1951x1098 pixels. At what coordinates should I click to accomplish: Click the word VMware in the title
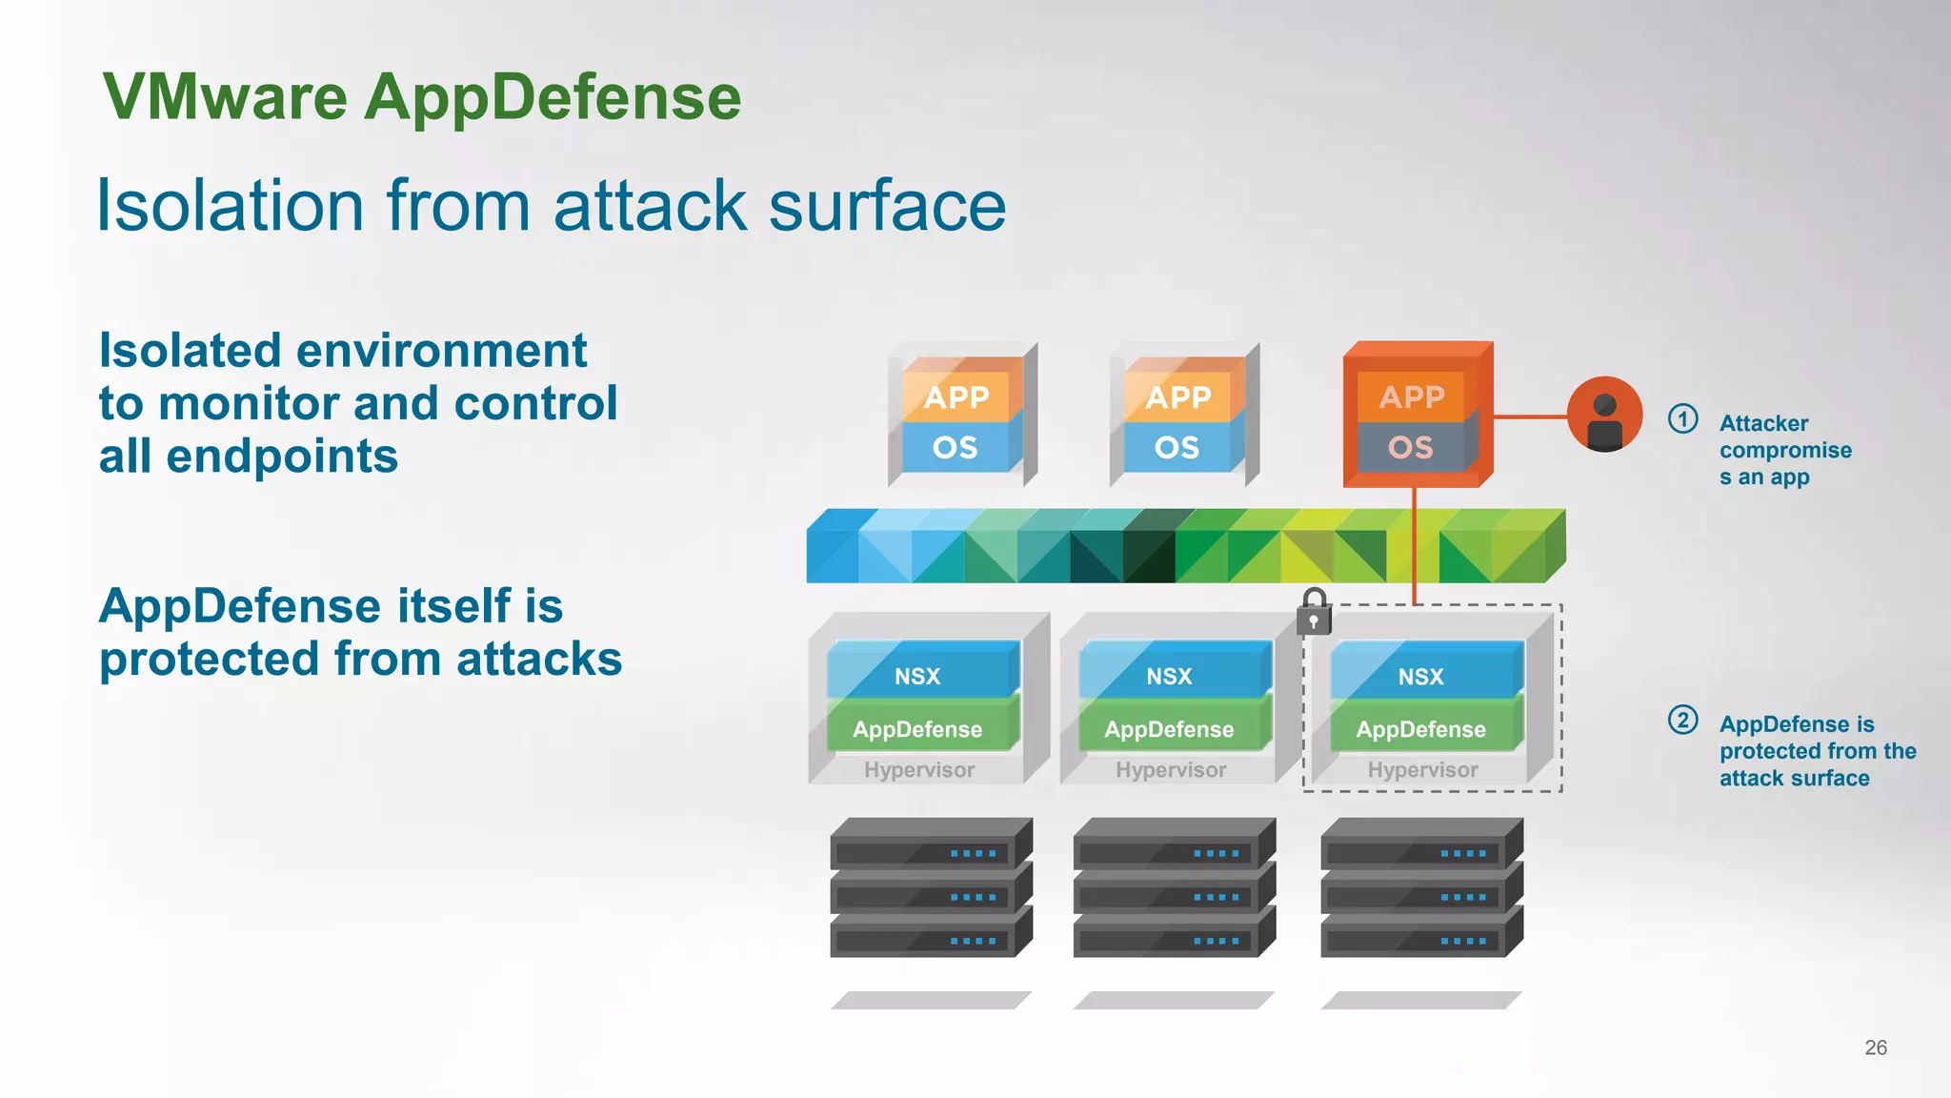[225, 97]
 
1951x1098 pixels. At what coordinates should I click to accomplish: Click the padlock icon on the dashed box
[1314, 612]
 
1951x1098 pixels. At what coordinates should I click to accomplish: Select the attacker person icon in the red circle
[1605, 416]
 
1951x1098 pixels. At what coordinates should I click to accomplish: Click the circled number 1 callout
[1682, 419]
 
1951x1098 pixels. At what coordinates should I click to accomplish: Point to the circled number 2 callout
[1682, 720]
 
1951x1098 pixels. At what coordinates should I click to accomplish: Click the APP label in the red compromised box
[1412, 396]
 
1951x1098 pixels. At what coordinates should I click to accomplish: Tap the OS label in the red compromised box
[1411, 447]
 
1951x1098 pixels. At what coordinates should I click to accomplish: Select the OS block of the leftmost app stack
[955, 447]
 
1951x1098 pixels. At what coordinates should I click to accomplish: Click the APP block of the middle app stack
[1178, 396]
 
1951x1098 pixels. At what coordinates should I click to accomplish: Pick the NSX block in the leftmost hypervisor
[917, 676]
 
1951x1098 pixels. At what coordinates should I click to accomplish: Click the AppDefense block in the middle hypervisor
[1169, 729]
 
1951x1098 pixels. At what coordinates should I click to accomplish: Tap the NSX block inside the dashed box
[1420, 676]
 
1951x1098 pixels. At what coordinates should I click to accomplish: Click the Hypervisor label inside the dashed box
[1422, 770]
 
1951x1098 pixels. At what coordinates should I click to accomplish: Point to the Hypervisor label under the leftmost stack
[919, 770]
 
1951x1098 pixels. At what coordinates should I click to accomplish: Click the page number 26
[1875, 1047]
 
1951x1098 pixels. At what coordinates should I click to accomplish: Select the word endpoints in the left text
[282, 457]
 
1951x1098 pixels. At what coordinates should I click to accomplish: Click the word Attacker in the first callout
[1763, 423]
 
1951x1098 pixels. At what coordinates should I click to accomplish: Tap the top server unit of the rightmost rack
[1420, 845]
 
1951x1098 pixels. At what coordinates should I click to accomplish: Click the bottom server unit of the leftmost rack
[929, 935]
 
